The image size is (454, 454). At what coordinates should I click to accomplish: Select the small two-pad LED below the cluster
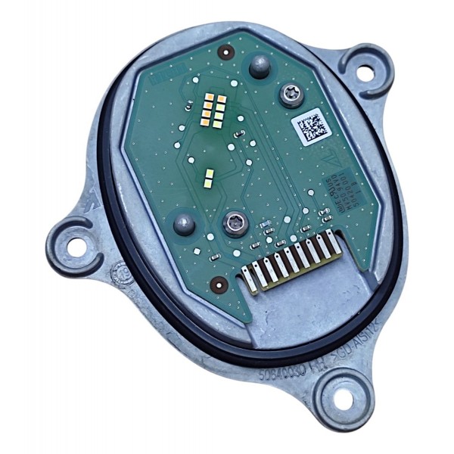pos(210,179)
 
